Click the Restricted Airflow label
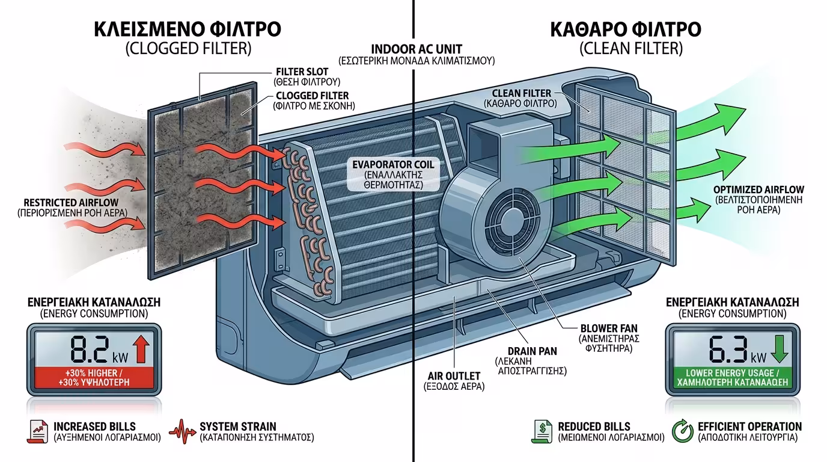71,208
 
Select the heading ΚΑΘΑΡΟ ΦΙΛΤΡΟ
625,30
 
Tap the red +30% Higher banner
91,378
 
